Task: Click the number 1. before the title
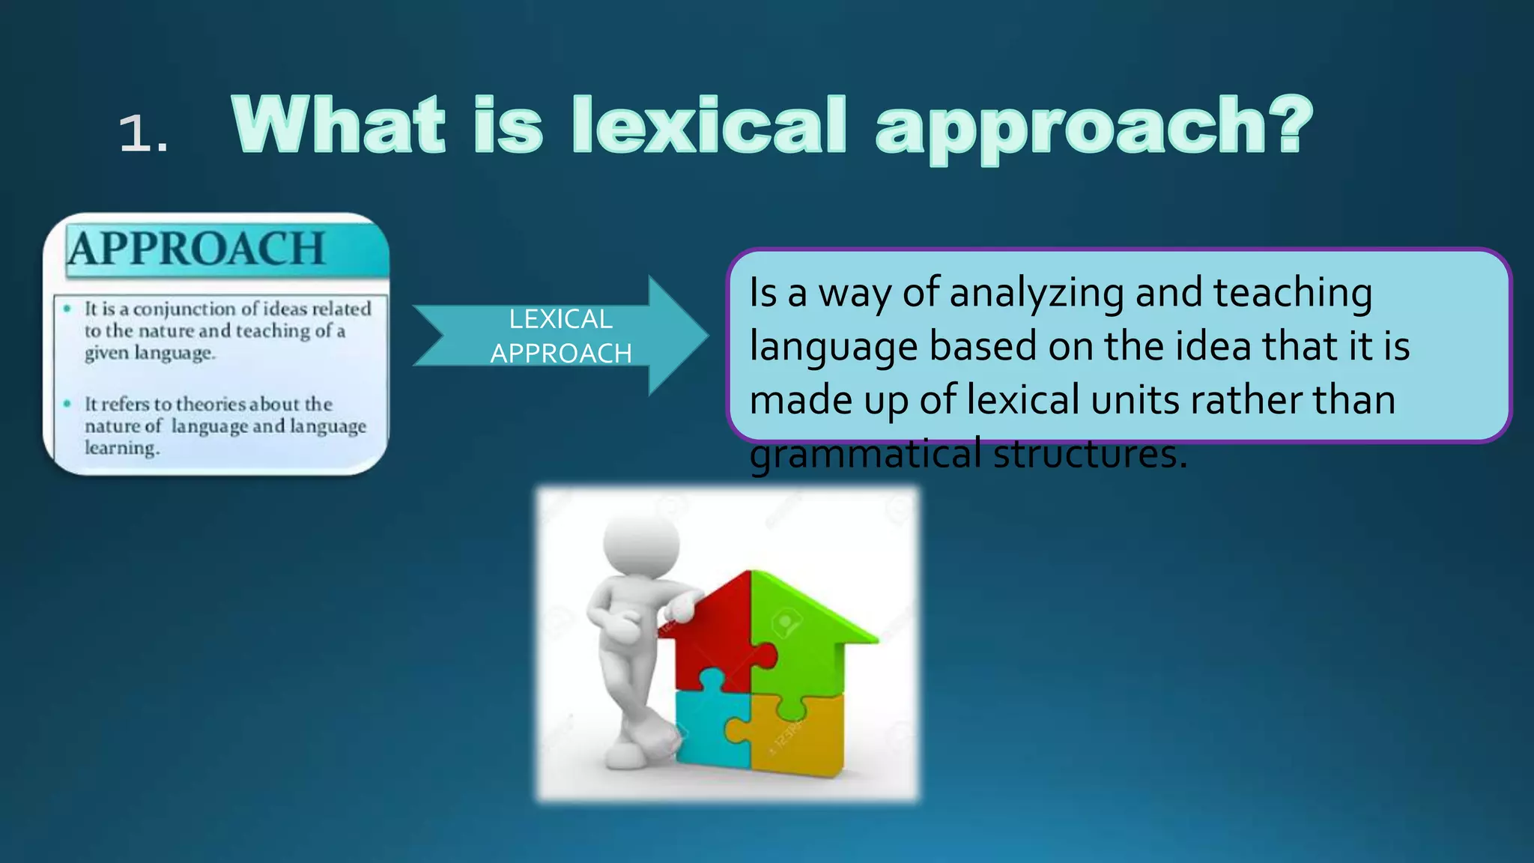tap(142, 135)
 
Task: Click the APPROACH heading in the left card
tap(197, 249)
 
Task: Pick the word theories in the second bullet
tap(210, 404)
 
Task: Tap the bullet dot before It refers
tap(67, 404)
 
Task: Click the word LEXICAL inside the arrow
tap(560, 319)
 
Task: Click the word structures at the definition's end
tap(1090, 454)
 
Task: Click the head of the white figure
tap(642, 539)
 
